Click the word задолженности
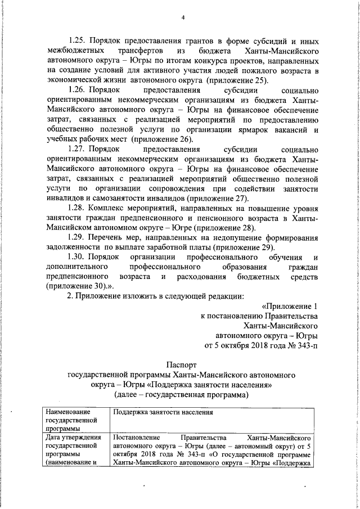point(74,247)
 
